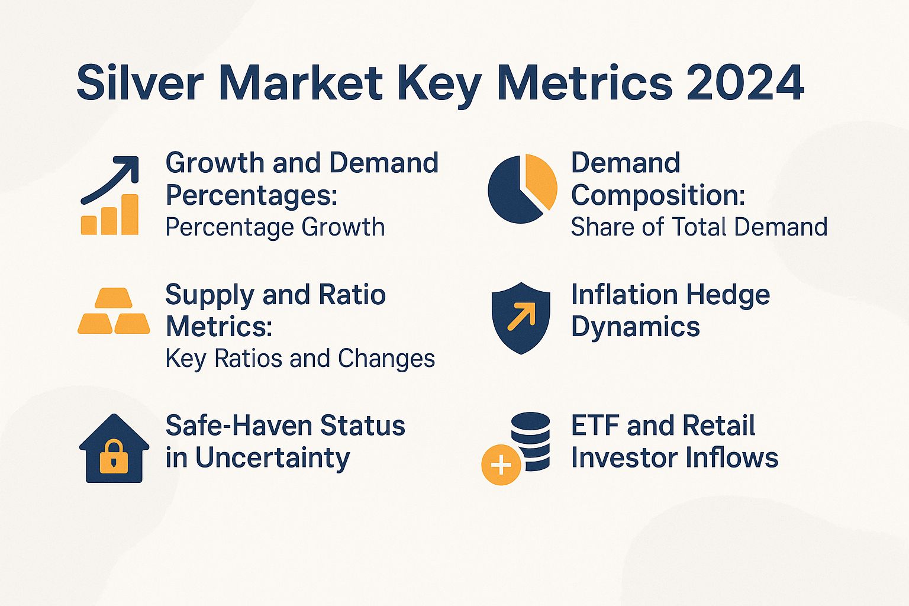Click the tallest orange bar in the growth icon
pyautogui.click(x=129, y=214)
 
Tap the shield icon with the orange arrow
pyautogui.click(x=521, y=318)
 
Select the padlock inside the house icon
pyautogui.click(x=114, y=457)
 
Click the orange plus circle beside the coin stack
pyautogui.click(x=501, y=465)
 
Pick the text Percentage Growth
pyautogui.click(x=275, y=227)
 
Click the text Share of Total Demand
pyautogui.click(x=698, y=227)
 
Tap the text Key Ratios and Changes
pyautogui.click(x=300, y=359)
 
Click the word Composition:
pyautogui.click(x=658, y=195)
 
